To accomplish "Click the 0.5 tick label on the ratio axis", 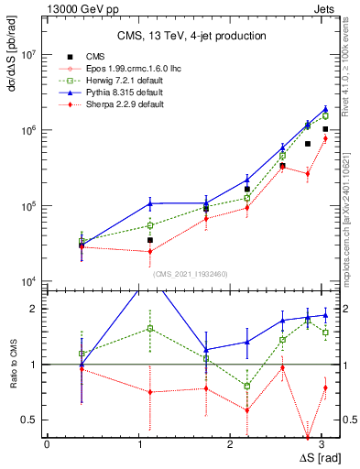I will (27, 420).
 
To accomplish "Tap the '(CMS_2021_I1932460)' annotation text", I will (191, 273).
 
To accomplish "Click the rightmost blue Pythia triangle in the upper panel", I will (325, 109).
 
